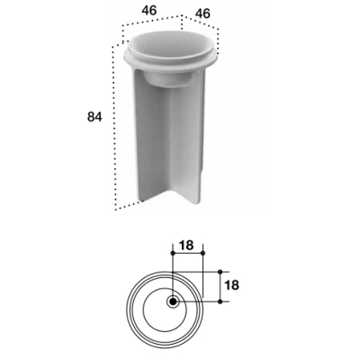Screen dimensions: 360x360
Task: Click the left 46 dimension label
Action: click(x=149, y=11)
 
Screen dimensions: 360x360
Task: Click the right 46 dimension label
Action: click(x=202, y=13)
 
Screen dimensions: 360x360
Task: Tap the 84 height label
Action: click(x=94, y=117)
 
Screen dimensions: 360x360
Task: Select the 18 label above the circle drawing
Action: click(x=186, y=246)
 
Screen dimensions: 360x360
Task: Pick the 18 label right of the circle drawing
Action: click(x=231, y=285)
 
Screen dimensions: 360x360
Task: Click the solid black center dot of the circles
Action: click(x=173, y=301)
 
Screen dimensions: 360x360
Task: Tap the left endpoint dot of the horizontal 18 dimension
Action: click(x=173, y=254)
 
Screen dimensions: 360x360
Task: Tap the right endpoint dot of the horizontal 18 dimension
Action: click(x=202, y=254)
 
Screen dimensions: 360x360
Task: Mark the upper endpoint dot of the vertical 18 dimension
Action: click(x=220, y=272)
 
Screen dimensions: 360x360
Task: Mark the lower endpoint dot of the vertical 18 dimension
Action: click(x=220, y=301)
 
